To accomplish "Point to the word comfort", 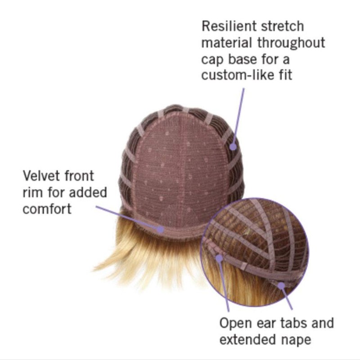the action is tap(47, 209).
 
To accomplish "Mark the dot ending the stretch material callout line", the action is tap(233, 146).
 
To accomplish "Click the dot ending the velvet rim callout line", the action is tap(161, 228).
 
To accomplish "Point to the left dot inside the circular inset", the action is tap(219, 258).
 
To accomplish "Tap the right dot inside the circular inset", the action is tap(281, 284).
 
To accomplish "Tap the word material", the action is tap(227, 43).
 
